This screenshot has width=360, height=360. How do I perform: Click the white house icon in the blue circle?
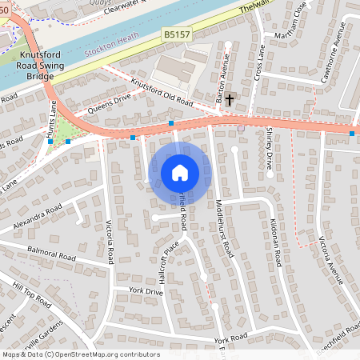click(x=180, y=172)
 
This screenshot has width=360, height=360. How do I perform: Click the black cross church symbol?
click(x=230, y=99)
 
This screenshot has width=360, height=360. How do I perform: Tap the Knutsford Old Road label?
click(x=162, y=96)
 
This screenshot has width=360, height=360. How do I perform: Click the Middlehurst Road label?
click(x=225, y=227)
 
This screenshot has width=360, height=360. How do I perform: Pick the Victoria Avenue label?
click(x=329, y=260)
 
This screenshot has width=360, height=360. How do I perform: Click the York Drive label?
click(x=145, y=293)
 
